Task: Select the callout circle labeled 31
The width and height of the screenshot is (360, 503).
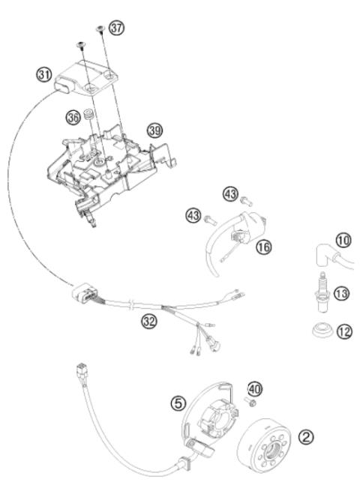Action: coord(44,74)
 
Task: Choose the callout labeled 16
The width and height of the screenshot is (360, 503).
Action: coord(262,245)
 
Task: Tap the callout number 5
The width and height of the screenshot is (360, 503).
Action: coord(178,402)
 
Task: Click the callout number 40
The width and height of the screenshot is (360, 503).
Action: coord(256,388)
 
